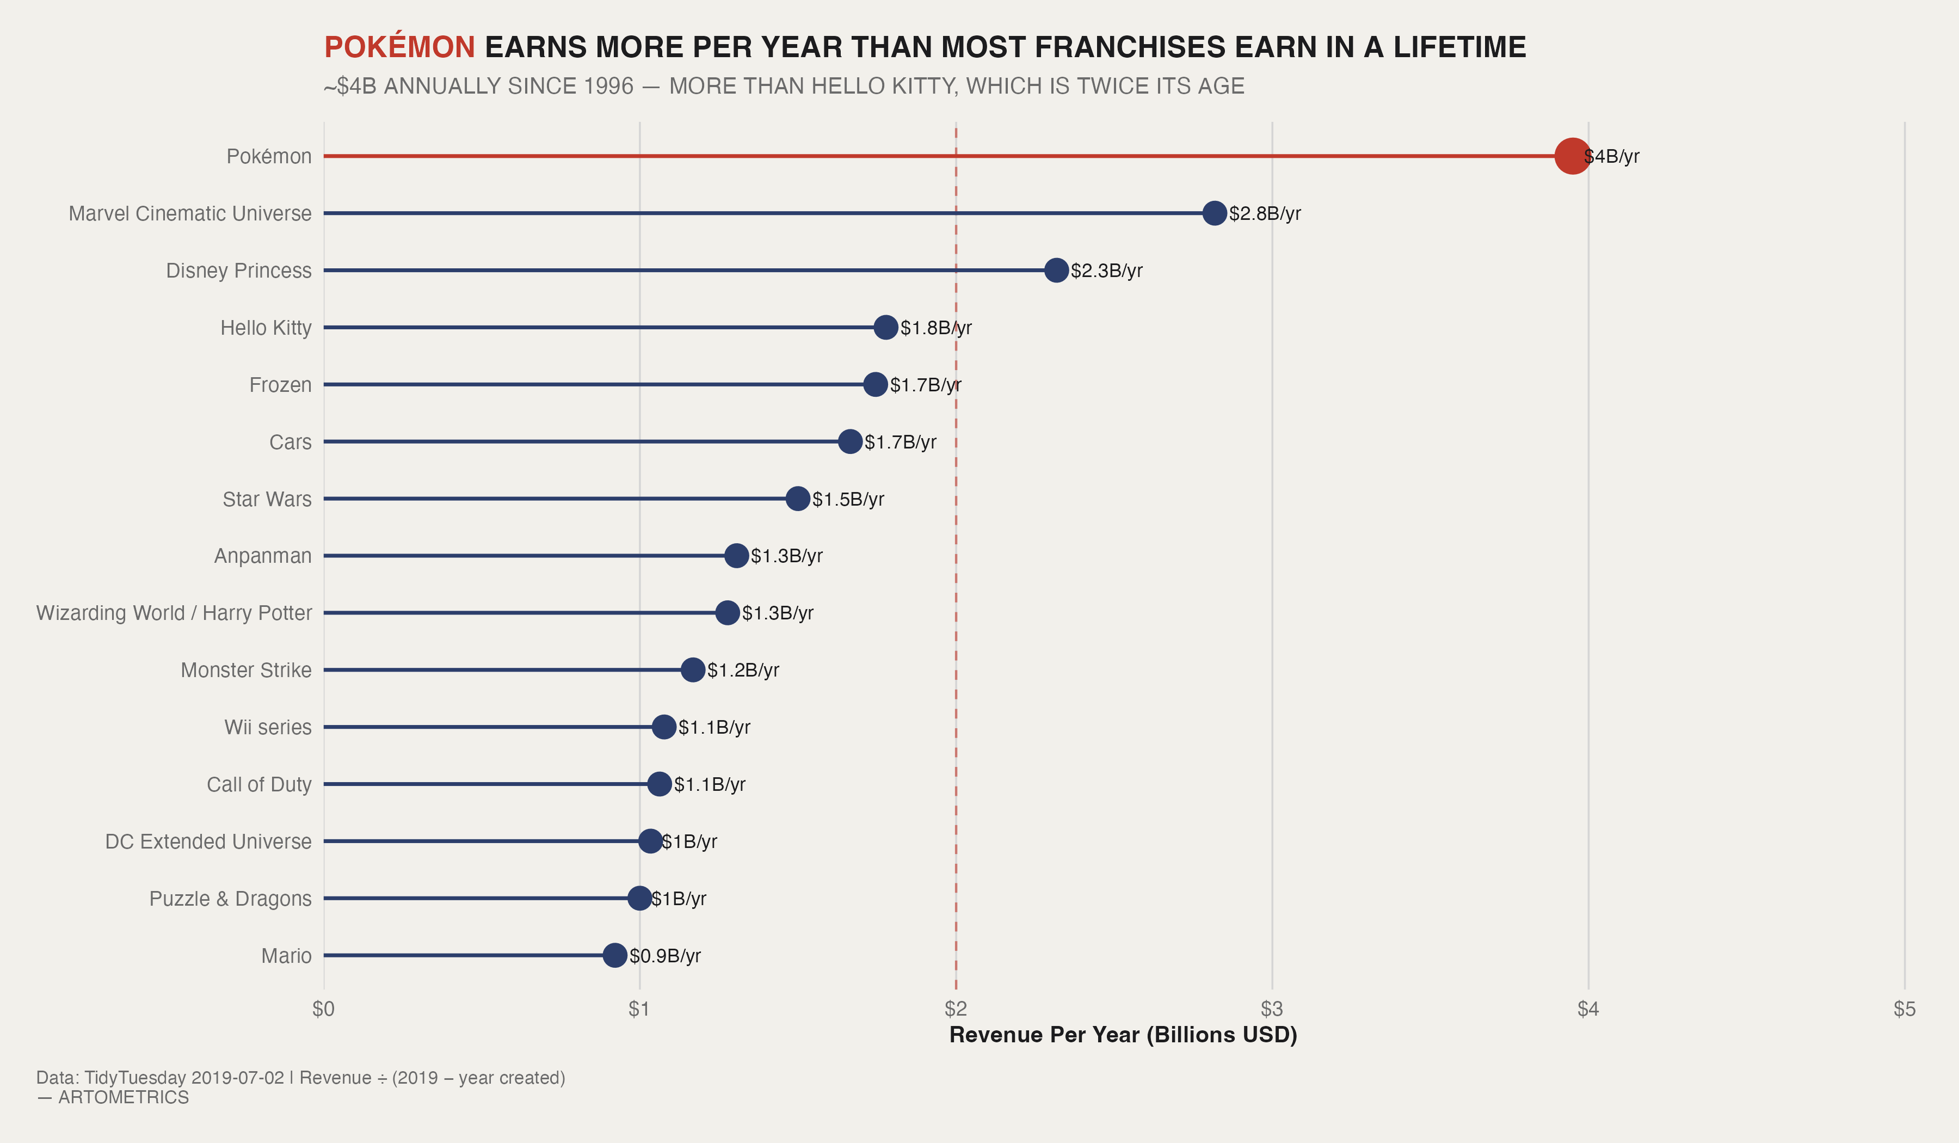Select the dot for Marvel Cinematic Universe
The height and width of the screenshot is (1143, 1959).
point(1214,213)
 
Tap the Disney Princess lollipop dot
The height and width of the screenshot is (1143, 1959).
point(1056,271)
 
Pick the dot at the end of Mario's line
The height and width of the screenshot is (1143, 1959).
point(615,956)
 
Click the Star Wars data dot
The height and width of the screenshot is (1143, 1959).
point(798,499)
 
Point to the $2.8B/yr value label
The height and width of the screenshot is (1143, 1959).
point(1265,213)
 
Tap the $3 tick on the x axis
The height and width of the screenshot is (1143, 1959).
point(1272,1009)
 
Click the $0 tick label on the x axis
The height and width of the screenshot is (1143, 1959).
point(323,1009)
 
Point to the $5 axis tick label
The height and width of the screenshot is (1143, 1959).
point(1905,1009)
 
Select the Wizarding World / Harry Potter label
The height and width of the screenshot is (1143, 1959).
point(174,613)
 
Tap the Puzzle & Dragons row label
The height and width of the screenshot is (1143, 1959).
point(230,899)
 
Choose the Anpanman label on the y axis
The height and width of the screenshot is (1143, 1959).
point(263,556)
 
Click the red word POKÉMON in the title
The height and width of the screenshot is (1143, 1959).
point(399,47)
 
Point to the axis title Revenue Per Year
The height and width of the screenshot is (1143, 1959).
point(1123,1035)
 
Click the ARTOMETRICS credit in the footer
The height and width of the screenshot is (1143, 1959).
point(124,1097)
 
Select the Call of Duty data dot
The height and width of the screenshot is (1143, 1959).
point(659,784)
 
